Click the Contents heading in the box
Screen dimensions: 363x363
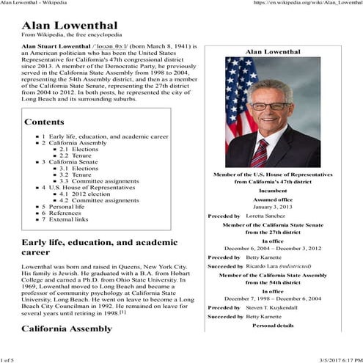tap(49, 121)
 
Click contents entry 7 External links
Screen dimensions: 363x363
tap(64, 219)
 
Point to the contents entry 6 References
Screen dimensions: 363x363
tap(61, 213)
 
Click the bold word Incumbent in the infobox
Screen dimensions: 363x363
tap(272, 190)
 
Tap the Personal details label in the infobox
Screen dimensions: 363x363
tap(272, 325)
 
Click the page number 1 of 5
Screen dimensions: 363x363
tap(8, 359)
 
